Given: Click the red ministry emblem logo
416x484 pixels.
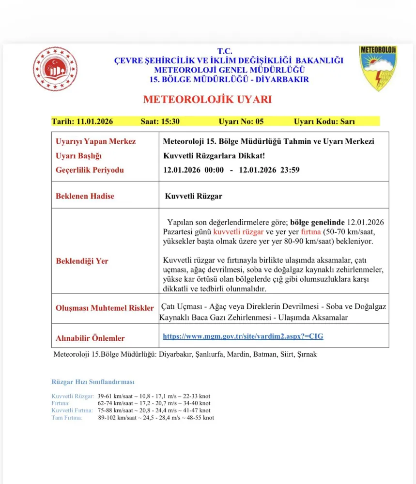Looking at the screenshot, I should click(x=55, y=69).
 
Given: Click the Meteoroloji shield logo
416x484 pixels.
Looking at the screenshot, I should click(x=378, y=68).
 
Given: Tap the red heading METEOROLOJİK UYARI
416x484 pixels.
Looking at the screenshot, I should click(x=207, y=100).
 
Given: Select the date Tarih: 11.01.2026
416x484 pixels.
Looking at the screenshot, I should click(x=82, y=121).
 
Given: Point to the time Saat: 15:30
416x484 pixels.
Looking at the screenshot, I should click(x=160, y=121).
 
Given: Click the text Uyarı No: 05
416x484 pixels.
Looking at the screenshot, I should click(x=241, y=121).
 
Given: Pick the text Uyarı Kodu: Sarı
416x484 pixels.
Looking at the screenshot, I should click(x=324, y=121).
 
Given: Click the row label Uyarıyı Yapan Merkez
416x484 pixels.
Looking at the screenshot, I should click(x=96, y=141).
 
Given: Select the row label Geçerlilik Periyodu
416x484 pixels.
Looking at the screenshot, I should click(x=90, y=170).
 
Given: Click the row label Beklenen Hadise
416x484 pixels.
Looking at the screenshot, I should click(x=85, y=196).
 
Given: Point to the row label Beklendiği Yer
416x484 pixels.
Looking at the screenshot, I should click(x=82, y=261).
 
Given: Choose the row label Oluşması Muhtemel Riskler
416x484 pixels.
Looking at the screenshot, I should click(x=105, y=308).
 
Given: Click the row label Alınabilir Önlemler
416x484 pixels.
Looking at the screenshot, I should click(x=90, y=338).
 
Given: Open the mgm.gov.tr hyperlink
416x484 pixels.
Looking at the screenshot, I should click(x=243, y=336).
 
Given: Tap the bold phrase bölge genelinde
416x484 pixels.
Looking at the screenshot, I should click(x=317, y=222).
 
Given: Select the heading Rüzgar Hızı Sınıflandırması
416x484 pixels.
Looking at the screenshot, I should click(x=93, y=382).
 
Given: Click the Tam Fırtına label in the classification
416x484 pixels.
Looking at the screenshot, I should click(x=67, y=417).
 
